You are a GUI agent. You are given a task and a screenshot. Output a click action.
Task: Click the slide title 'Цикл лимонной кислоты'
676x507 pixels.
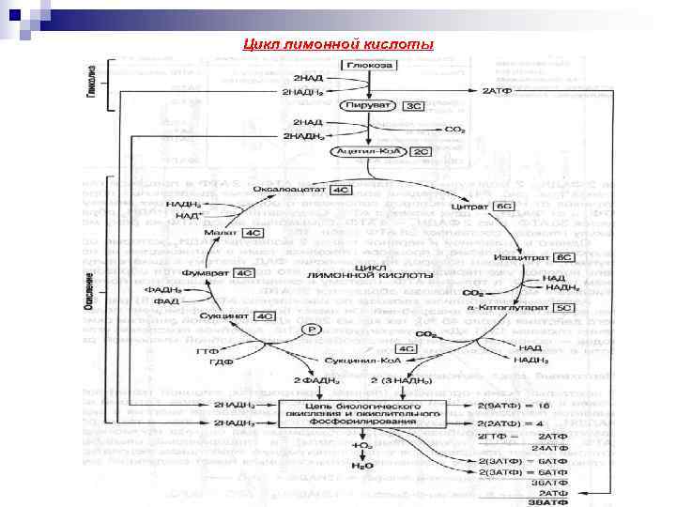pyautogui.click(x=338, y=44)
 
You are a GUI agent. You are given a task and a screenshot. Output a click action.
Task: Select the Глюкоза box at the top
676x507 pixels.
pyautogui.click(x=369, y=65)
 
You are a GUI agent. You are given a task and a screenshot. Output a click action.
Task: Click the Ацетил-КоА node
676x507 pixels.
pyautogui.click(x=368, y=150)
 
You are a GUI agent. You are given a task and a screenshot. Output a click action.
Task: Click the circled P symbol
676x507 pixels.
pyautogui.click(x=310, y=330)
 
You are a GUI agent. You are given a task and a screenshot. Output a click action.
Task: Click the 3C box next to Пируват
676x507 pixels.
pyautogui.click(x=416, y=106)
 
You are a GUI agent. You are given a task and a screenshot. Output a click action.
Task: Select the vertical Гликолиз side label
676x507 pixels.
pyautogui.click(x=92, y=82)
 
